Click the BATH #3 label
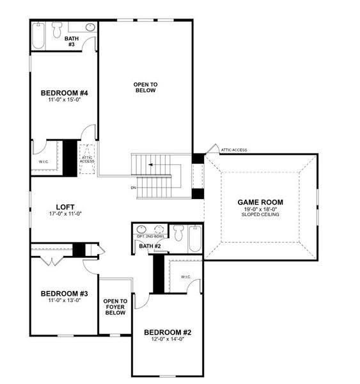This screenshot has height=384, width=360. click(x=72, y=42)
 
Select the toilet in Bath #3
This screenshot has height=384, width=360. click(x=58, y=29)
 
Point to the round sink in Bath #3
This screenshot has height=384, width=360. click(x=90, y=28)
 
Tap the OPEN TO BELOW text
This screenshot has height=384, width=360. click(x=145, y=87)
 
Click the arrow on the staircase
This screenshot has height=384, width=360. click(x=151, y=164)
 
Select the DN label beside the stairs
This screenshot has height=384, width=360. click(x=133, y=188)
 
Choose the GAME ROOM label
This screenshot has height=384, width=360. click(x=260, y=202)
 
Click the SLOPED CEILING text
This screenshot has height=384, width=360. click(x=260, y=216)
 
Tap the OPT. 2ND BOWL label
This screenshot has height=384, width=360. click(x=149, y=237)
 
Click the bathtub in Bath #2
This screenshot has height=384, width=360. click(x=195, y=238)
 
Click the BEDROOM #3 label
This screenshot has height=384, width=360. click(x=64, y=294)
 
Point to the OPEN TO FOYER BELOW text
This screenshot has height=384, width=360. click(x=115, y=307)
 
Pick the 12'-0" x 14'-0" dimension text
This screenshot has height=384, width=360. click(x=167, y=340)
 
